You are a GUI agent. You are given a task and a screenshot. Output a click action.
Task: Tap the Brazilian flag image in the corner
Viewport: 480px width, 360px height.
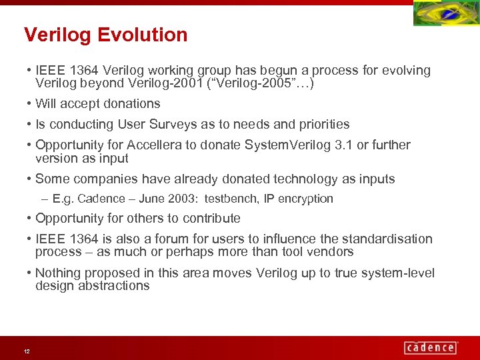click(445, 14)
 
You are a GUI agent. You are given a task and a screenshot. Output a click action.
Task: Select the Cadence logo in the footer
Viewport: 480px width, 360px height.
click(431, 347)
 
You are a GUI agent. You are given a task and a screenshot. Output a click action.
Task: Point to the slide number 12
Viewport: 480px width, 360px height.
click(26, 351)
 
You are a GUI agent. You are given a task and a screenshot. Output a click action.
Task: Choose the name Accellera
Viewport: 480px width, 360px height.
click(151, 145)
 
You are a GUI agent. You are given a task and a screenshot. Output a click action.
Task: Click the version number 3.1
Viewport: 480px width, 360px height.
click(343, 145)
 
